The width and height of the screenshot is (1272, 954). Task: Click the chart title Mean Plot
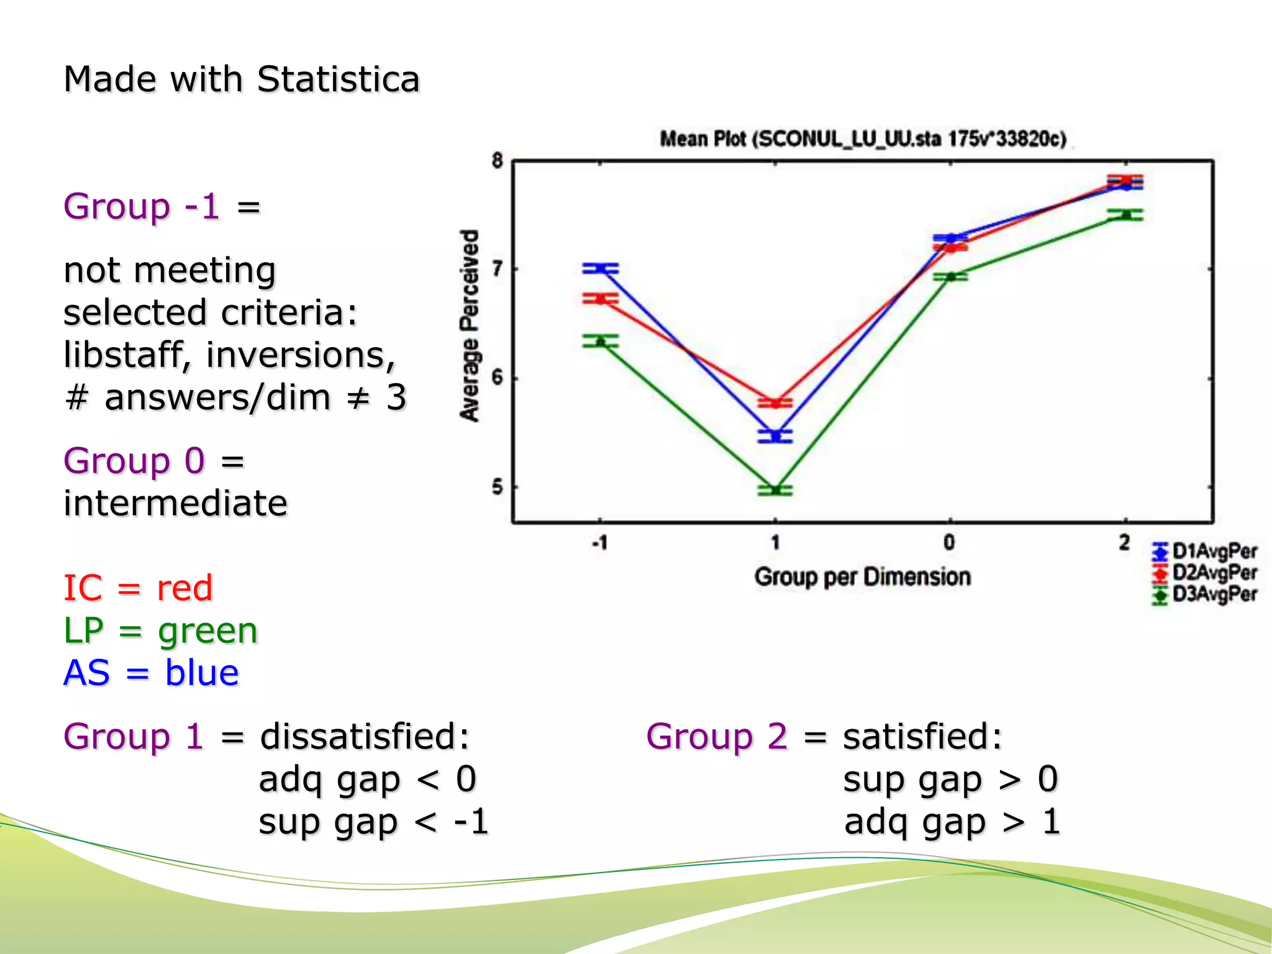click(x=862, y=139)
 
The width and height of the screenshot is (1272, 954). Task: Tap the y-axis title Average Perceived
click(x=470, y=325)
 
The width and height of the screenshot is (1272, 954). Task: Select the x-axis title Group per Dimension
click(x=862, y=577)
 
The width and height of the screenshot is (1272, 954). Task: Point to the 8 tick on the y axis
click(x=497, y=161)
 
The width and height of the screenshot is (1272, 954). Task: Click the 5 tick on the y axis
click(x=497, y=487)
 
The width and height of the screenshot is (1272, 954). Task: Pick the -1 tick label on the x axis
click(x=599, y=543)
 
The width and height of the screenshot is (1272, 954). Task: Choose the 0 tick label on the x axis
click(x=950, y=543)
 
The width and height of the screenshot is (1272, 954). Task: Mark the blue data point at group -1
click(x=601, y=268)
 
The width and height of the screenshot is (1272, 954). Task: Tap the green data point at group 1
click(x=775, y=490)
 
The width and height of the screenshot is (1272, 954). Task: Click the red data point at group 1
click(x=775, y=403)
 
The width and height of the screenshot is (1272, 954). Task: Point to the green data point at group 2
click(x=1125, y=215)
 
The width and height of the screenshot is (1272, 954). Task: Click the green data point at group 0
click(x=950, y=276)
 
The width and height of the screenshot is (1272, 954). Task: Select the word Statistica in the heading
click(x=338, y=79)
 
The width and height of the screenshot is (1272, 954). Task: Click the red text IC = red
click(x=138, y=588)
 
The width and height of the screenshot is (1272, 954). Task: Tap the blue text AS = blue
click(x=151, y=673)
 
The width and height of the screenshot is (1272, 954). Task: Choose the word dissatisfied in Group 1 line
click(x=365, y=737)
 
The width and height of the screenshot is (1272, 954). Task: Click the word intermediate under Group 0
click(x=175, y=503)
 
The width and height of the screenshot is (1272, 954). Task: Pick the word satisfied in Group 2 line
click(x=922, y=737)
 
